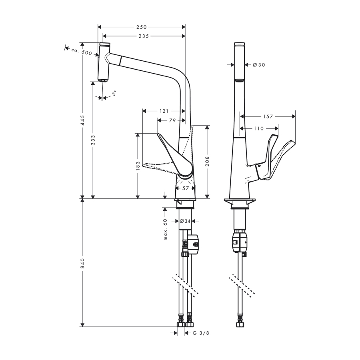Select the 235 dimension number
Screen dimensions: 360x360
tap(144, 36)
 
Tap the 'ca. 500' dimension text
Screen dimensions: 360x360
tap(82, 52)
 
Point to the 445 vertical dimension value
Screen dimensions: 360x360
tap(82, 120)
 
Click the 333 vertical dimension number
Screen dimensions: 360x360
tap(93, 140)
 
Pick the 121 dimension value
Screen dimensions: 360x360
tap(164, 111)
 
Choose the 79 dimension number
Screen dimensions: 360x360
tap(172, 120)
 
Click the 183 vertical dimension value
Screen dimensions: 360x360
tap(138, 166)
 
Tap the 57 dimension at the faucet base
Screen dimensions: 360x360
tap(186, 188)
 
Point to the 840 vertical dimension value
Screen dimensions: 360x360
tap(82, 262)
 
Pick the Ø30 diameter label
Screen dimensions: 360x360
tap(259, 65)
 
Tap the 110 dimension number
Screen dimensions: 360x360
tap(259, 128)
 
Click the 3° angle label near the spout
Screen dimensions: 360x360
tap(114, 93)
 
